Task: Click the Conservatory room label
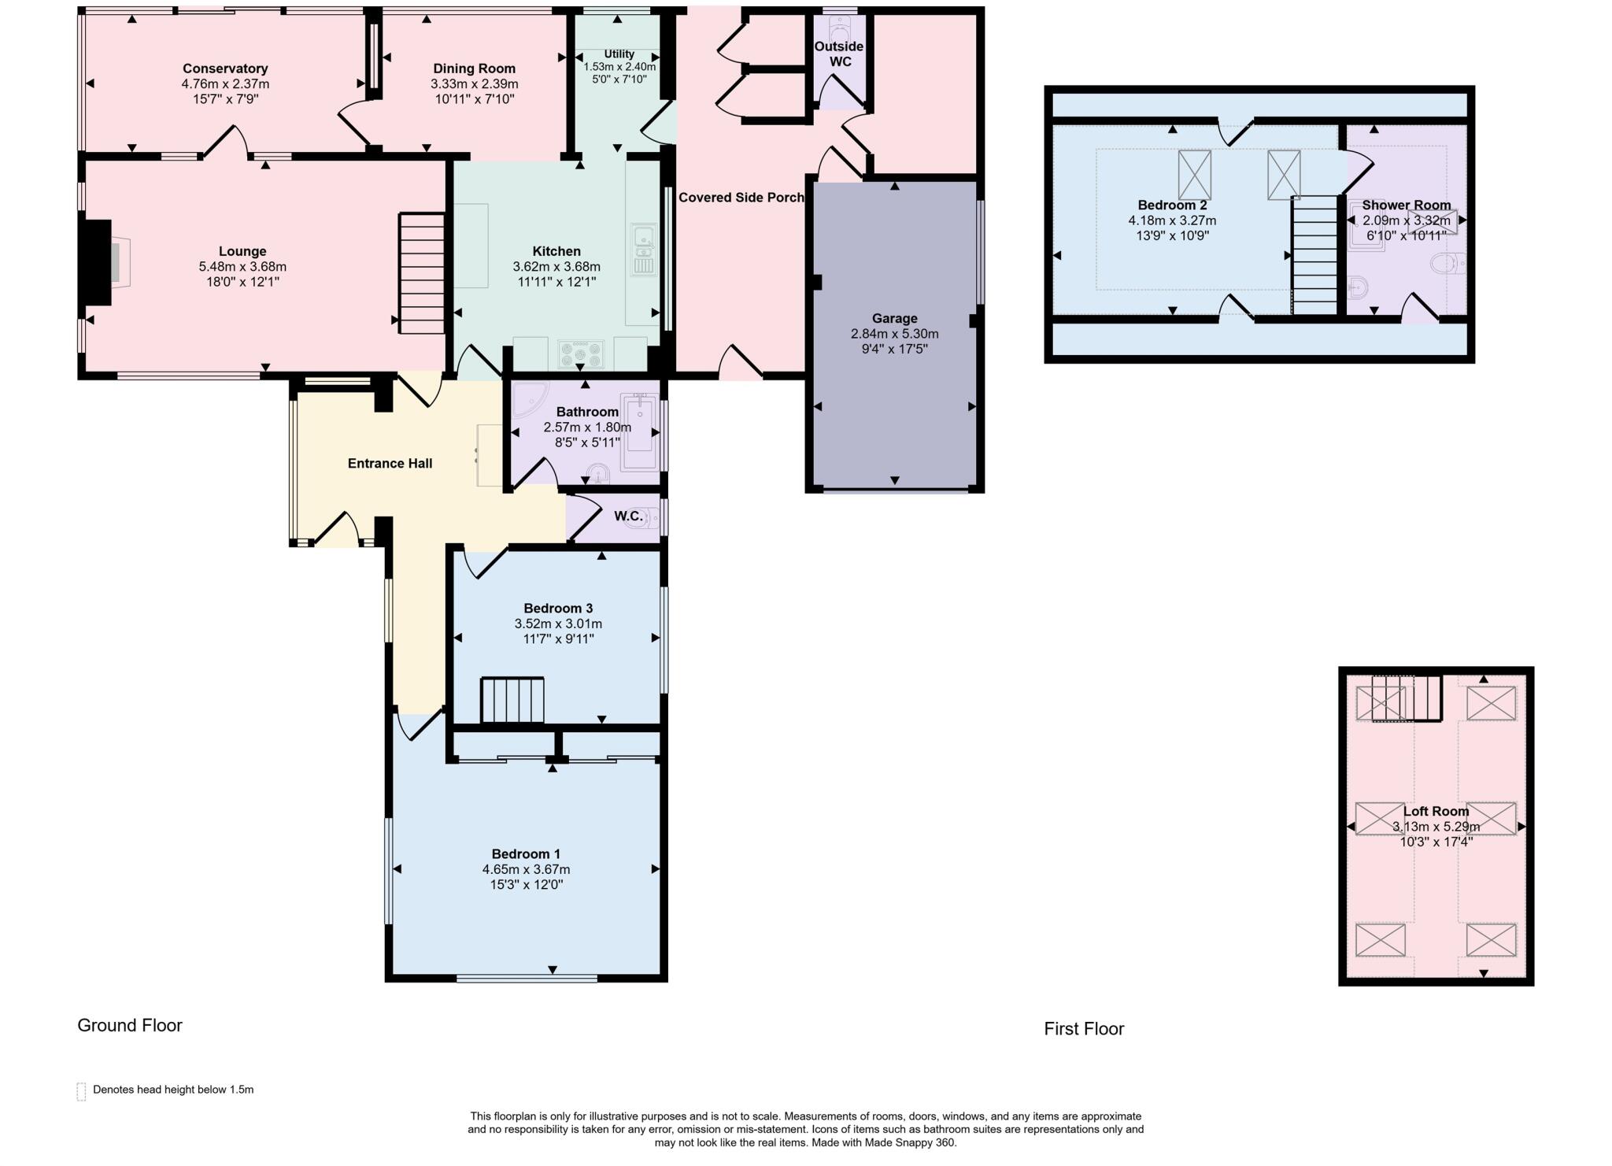pyautogui.click(x=225, y=68)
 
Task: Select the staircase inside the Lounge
pyautogui.click(x=423, y=272)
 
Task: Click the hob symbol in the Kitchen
pyautogui.click(x=581, y=354)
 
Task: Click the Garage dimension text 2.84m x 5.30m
pyautogui.click(x=894, y=334)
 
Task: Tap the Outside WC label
pyautogui.click(x=838, y=54)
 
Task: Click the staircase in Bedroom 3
pyautogui.click(x=512, y=699)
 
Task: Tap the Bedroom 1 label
pyautogui.click(x=526, y=853)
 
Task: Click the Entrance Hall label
pyautogui.click(x=390, y=464)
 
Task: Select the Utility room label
pyautogui.click(x=619, y=54)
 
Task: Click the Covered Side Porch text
pyautogui.click(x=741, y=198)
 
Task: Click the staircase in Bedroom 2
pyautogui.click(x=1314, y=255)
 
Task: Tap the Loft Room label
pyautogui.click(x=1436, y=811)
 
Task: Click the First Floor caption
pyautogui.click(x=1083, y=1029)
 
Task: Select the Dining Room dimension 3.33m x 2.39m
pyautogui.click(x=474, y=84)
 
